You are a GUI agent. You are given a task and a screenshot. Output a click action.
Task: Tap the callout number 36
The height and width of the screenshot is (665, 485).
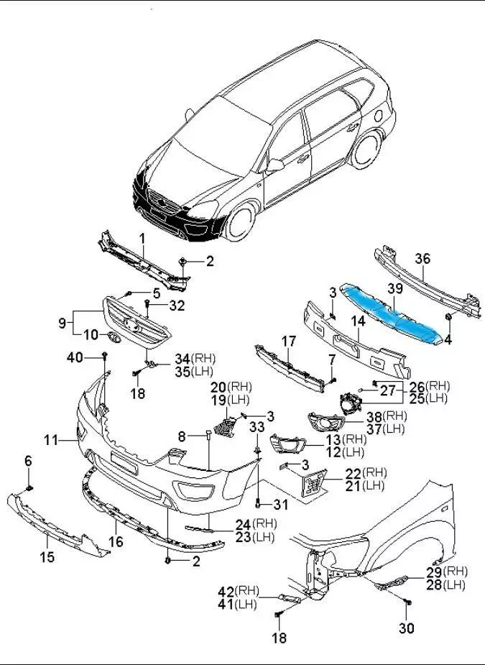tap(423, 259)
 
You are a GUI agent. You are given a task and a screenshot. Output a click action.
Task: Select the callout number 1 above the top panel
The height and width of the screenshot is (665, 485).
tap(142, 238)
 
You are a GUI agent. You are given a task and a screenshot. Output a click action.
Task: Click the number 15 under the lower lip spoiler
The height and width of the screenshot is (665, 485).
tap(47, 556)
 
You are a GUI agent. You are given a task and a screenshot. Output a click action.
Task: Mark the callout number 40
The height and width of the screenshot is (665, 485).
tap(75, 357)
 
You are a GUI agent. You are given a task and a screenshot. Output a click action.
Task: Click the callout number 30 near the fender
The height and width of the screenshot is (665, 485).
tap(407, 628)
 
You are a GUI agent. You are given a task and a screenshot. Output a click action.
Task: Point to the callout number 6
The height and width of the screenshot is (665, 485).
tap(29, 460)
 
